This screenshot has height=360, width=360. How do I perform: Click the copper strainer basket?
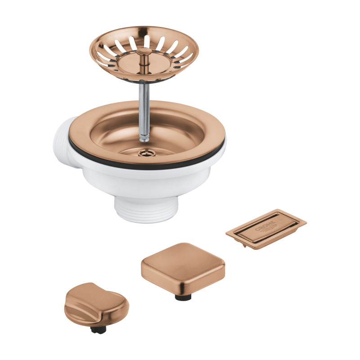click(x=144, y=54)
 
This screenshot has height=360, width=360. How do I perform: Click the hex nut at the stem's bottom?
click(x=144, y=138)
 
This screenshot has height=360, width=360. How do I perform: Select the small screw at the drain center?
click(x=145, y=153)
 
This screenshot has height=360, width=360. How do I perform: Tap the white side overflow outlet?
click(x=64, y=142)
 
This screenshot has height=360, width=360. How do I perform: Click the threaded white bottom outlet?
click(x=146, y=210)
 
